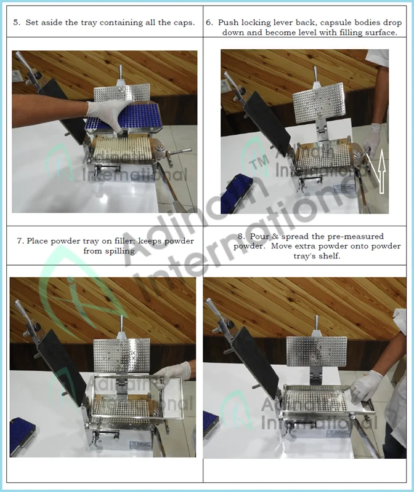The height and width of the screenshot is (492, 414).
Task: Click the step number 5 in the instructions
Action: (16, 22)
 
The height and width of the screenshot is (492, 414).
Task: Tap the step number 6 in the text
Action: (209, 22)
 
